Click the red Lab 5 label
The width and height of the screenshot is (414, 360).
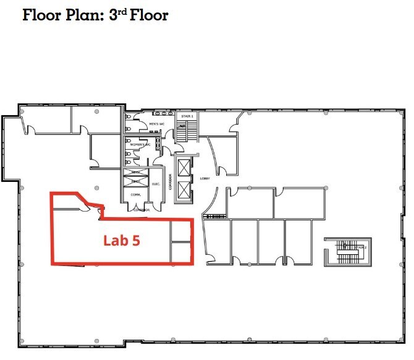[x=121, y=240]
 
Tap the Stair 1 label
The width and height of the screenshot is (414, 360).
[x=187, y=116]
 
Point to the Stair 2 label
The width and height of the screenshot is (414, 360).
[x=361, y=247]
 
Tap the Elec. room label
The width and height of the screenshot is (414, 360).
[x=156, y=184]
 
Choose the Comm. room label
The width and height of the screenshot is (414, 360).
[x=136, y=195]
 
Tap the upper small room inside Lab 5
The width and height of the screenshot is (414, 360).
[x=180, y=231]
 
